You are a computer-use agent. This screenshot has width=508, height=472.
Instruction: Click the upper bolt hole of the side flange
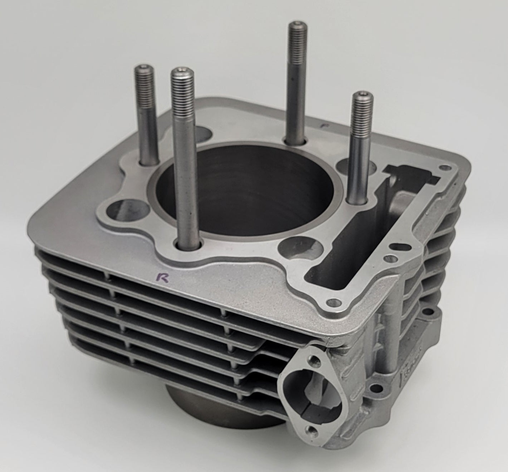click(x=315, y=358)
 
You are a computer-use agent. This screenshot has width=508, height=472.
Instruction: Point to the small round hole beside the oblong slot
click(x=386, y=257)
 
